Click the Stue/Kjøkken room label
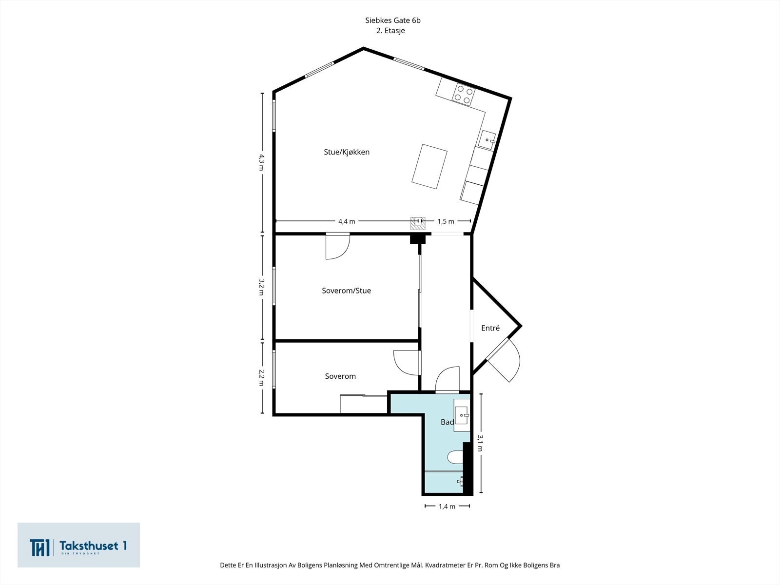347,152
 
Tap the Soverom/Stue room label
347,291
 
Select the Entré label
490,328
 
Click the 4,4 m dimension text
347,221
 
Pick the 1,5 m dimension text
446,221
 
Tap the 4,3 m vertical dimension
261,162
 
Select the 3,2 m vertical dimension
261,287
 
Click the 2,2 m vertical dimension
261,377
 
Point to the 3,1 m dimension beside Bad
480,443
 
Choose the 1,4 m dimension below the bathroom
447,507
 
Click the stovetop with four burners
464,94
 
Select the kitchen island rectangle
429,166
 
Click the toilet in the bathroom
455,457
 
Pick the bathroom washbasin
462,415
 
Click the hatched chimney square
418,223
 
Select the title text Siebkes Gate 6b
392,20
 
